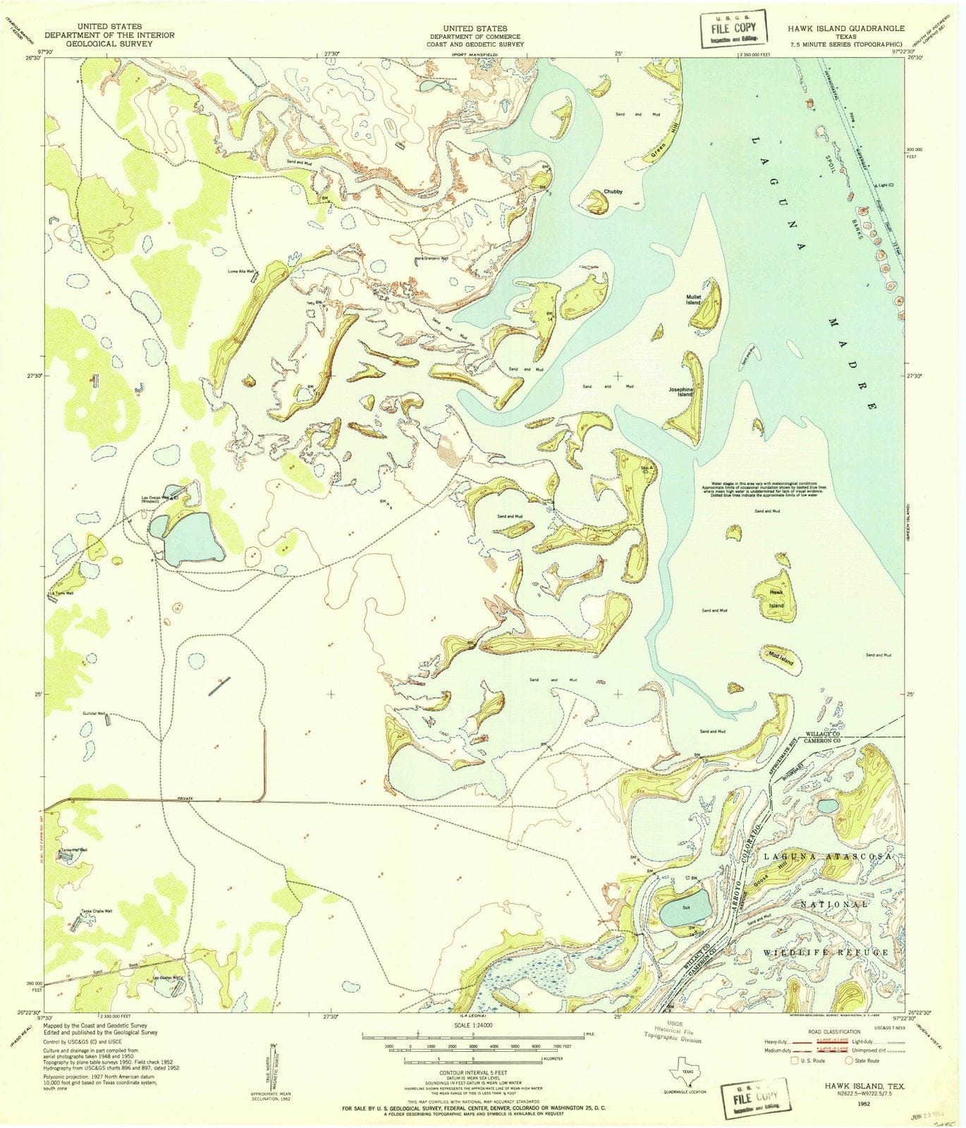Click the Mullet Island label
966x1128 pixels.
pos(693,300)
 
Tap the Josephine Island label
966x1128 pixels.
pos(681,391)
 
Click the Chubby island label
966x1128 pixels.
pos(612,192)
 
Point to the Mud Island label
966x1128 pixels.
pos(781,660)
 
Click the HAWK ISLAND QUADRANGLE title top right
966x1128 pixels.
pos(846,29)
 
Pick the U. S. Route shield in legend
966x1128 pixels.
pos(795,1060)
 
